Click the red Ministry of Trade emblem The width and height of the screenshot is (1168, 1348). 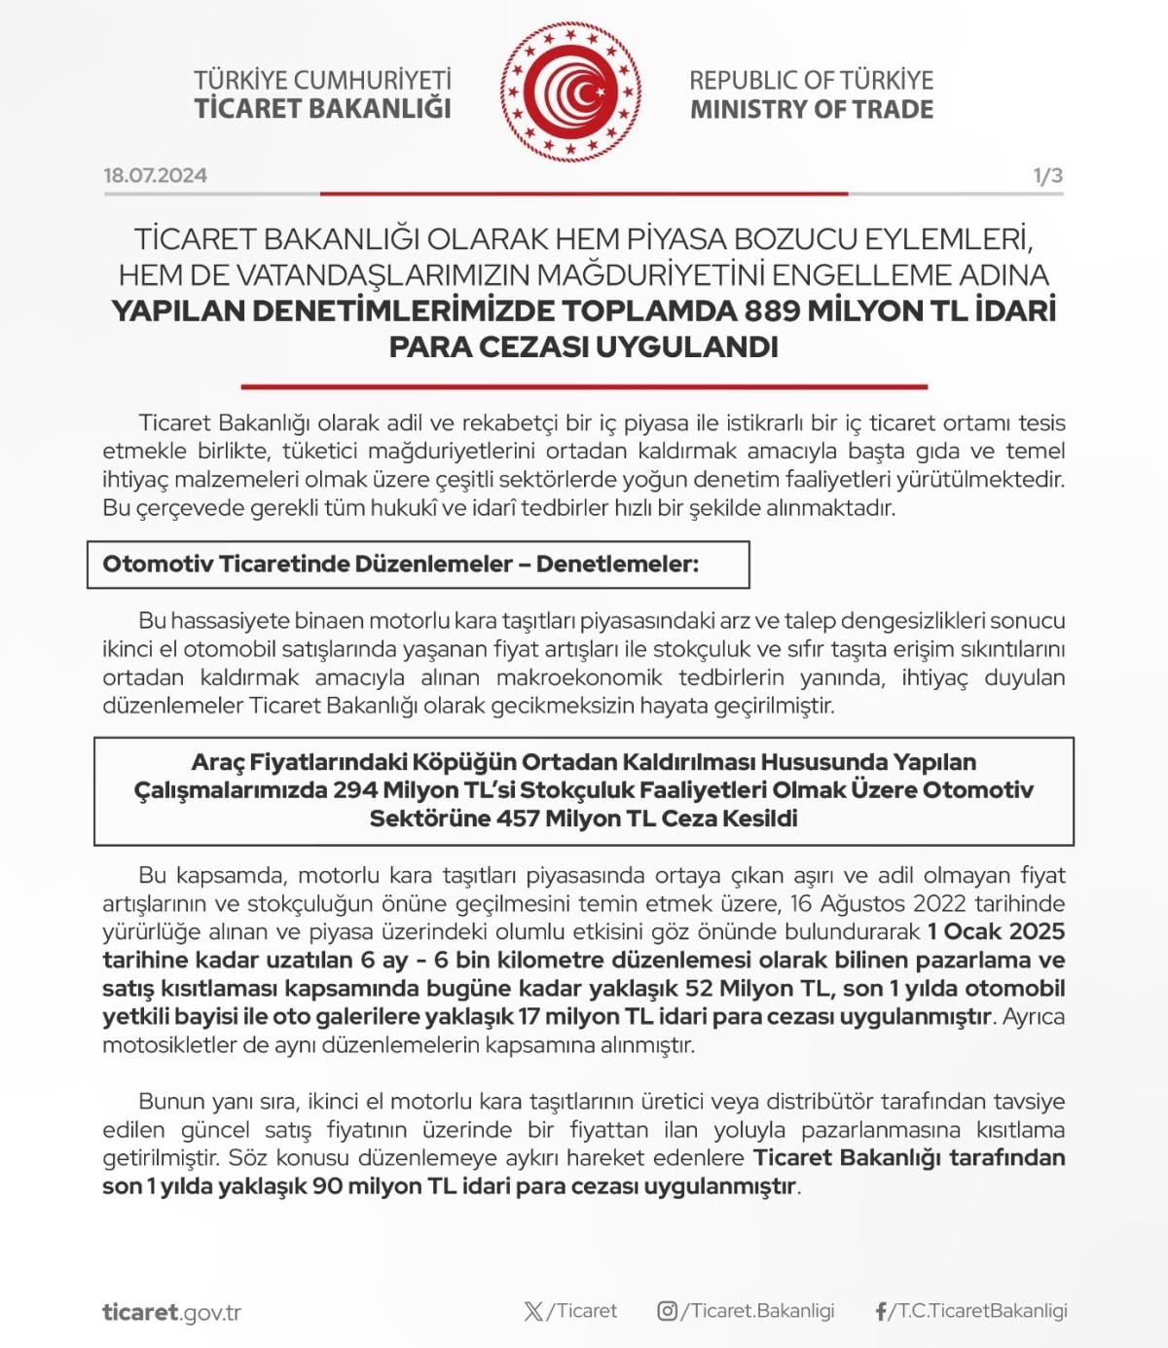point(571,92)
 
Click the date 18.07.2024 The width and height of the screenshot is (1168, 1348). point(155,175)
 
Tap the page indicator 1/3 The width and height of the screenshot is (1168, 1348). point(1047,175)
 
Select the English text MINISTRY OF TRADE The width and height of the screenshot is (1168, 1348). point(811,109)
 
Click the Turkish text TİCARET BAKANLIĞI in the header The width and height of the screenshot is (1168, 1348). point(322,108)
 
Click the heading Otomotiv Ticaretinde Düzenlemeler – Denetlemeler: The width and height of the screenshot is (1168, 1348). point(400,565)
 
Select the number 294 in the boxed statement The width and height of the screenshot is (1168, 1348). point(354,789)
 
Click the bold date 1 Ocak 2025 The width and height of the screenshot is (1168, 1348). point(996,931)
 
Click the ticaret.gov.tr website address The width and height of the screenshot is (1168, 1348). point(171,1312)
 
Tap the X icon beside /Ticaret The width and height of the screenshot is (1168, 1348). point(533,1311)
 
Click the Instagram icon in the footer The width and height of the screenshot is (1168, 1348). point(667,1311)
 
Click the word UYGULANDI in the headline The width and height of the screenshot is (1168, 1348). point(685,346)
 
